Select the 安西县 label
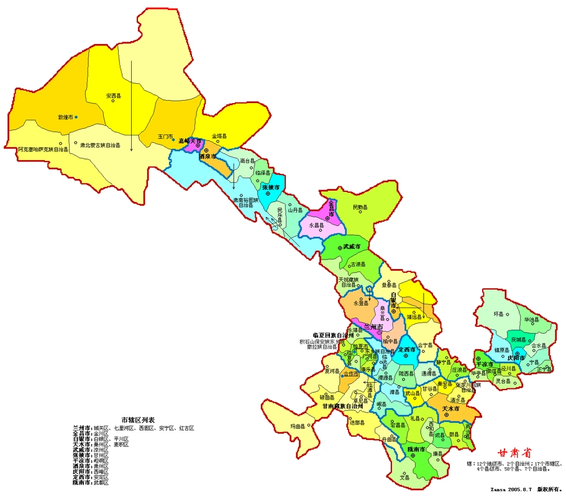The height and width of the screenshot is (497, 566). (x=113, y=96)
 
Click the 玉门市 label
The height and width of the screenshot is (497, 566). (x=165, y=135)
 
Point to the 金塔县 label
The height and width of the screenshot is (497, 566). (x=219, y=135)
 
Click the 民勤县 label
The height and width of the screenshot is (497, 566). (x=360, y=207)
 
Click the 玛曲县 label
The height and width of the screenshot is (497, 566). (x=281, y=426)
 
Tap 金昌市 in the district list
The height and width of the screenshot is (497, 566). (x=82, y=433)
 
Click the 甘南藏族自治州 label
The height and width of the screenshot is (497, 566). (x=346, y=406)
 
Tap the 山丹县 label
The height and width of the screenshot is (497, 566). (x=294, y=210)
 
